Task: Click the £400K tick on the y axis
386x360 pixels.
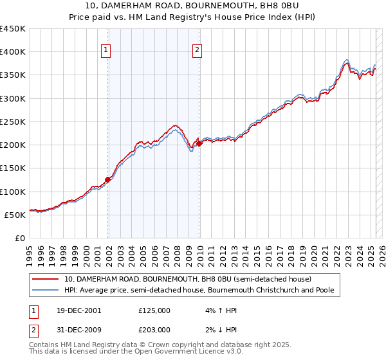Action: (x=13, y=52)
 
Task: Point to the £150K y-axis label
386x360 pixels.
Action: (x=13, y=168)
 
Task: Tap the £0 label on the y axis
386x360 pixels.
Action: (x=21, y=239)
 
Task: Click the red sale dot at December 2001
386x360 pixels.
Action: (x=108, y=180)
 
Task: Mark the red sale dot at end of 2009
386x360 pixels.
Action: (x=199, y=143)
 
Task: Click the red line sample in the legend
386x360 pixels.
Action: (x=46, y=280)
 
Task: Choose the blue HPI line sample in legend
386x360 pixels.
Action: (x=46, y=291)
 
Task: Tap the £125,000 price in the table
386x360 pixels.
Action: (x=154, y=310)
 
